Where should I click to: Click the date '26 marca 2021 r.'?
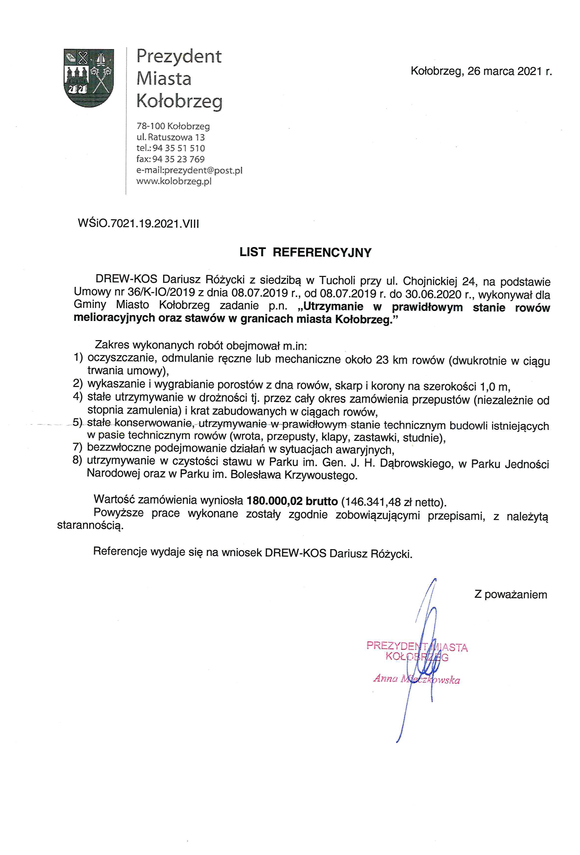click(510, 71)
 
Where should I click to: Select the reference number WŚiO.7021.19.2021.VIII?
click(138, 224)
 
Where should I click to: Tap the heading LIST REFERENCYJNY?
click(305, 252)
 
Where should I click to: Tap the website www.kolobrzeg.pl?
click(174, 181)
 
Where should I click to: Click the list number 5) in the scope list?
click(78, 422)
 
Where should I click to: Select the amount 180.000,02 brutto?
click(292, 501)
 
